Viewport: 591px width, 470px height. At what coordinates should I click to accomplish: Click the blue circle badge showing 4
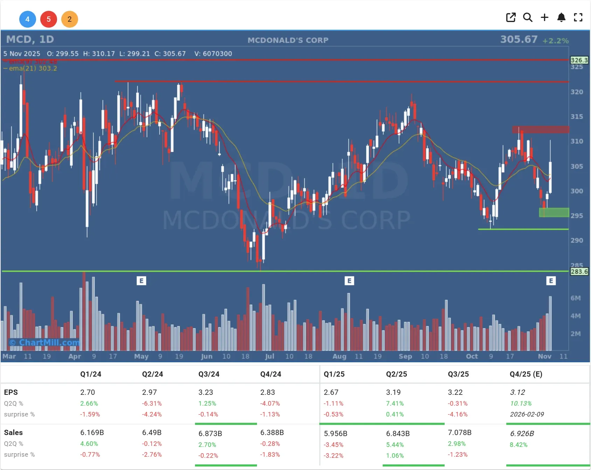(x=27, y=19)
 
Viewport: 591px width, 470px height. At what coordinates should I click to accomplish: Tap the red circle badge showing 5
(x=49, y=19)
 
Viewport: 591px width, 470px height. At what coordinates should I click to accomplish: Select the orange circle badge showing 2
(x=70, y=19)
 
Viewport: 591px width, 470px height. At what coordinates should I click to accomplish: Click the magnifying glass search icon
(x=528, y=17)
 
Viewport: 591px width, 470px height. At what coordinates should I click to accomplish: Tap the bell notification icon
(x=561, y=17)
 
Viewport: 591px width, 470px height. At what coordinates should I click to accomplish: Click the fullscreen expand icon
(x=578, y=17)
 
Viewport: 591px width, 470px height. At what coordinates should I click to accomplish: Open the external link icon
(x=511, y=17)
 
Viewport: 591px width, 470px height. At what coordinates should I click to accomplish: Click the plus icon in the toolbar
(x=544, y=17)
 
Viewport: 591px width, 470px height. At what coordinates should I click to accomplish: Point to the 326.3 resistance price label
(x=579, y=60)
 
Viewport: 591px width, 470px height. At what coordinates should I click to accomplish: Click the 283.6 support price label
(x=579, y=272)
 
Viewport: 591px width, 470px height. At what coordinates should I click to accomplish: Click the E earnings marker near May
(x=141, y=281)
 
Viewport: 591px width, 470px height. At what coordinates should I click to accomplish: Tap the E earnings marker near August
(x=349, y=281)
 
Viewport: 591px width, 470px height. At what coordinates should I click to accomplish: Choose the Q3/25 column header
(x=458, y=374)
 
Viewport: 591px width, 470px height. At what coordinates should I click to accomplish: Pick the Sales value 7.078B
(x=460, y=433)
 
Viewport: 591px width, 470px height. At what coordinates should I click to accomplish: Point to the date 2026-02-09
(x=527, y=414)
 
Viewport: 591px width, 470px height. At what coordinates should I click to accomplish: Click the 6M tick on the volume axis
(x=576, y=298)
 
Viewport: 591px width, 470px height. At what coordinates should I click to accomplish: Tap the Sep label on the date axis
(x=405, y=356)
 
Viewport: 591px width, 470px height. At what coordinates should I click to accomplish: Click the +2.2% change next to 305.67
(x=556, y=41)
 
